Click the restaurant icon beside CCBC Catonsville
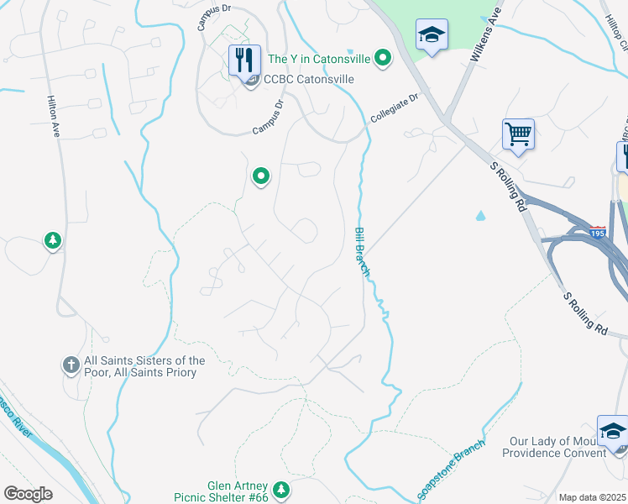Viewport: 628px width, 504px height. click(245, 60)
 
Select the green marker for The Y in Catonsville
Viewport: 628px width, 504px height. click(383, 58)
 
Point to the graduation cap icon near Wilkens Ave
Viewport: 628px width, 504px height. click(432, 34)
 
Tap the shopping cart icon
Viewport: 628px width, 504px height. click(518, 134)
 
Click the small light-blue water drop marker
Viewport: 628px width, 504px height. click(480, 215)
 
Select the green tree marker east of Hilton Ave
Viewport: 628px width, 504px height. click(53, 241)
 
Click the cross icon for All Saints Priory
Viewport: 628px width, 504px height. click(71, 365)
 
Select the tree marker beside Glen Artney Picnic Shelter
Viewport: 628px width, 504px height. click(282, 489)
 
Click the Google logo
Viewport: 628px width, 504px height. click(28, 494)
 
